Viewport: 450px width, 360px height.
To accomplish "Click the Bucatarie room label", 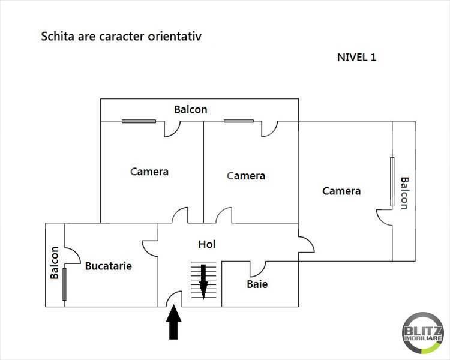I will [x=109, y=266].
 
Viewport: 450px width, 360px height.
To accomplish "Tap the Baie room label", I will [x=257, y=284].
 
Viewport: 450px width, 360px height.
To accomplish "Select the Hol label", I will [x=207, y=245].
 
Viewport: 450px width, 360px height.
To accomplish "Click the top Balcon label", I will [x=191, y=109].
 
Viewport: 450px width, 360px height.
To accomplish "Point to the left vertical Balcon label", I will [x=55, y=263].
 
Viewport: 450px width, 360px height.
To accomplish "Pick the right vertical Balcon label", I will [x=404, y=193].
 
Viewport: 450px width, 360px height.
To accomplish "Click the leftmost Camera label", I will [x=149, y=172].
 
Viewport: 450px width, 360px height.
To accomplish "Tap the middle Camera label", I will [x=246, y=176].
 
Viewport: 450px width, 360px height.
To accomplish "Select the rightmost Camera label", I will [x=341, y=191].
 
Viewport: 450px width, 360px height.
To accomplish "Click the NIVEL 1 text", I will [x=357, y=58].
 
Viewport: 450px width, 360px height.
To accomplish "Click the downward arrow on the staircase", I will [x=204, y=280].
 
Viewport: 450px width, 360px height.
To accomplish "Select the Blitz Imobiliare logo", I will [x=422, y=333].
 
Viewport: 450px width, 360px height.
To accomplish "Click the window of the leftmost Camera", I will [x=139, y=121].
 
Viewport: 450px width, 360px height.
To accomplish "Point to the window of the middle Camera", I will [x=239, y=121].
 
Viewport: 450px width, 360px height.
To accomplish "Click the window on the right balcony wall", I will [x=392, y=182].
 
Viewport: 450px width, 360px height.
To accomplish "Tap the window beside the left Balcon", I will [x=64, y=284].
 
